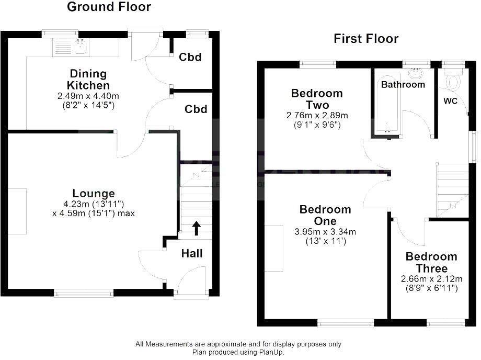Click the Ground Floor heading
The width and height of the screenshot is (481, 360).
(x=109, y=7)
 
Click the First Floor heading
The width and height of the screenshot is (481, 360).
(x=366, y=39)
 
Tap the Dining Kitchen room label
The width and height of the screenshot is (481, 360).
(x=88, y=80)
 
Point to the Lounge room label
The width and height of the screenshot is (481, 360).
(x=94, y=194)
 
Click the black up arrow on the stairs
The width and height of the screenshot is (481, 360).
(x=197, y=228)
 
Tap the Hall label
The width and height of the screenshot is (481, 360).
(x=192, y=254)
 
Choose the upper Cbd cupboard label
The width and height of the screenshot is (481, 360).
(x=190, y=57)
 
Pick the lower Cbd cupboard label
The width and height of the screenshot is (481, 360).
(x=196, y=109)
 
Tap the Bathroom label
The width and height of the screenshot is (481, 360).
(x=403, y=84)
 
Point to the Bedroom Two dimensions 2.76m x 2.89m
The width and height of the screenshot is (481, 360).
(x=317, y=115)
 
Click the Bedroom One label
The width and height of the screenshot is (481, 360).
(x=325, y=215)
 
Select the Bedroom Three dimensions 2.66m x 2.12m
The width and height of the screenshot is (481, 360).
(x=431, y=279)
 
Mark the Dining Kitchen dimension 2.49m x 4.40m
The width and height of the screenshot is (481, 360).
(x=88, y=96)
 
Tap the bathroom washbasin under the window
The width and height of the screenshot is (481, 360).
(x=416, y=72)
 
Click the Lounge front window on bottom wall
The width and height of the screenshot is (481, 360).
(x=84, y=294)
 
